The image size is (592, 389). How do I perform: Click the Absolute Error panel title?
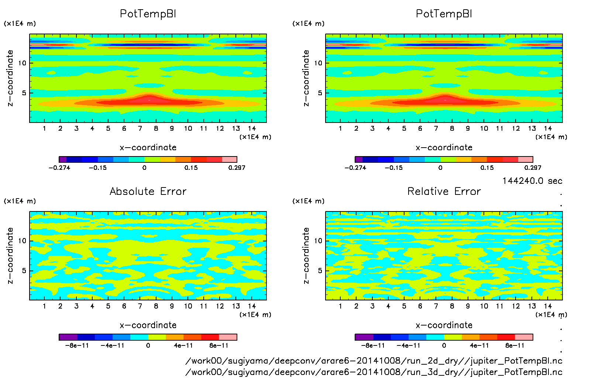(x=148, y=191)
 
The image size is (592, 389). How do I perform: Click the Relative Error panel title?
(x=444, y=191)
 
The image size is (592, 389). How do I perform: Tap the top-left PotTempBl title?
(x=148, y=14)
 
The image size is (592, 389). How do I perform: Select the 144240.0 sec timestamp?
(x=532, y=181)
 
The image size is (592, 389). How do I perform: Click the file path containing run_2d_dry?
(x=374, y=361)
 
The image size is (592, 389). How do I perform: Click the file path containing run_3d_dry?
(x=374, y=372)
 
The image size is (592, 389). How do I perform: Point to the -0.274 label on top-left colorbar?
(x=59, y=168)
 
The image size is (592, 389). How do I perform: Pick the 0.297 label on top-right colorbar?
(x=533, y=168)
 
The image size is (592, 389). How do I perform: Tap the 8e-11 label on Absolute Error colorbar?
(x=219, y=345)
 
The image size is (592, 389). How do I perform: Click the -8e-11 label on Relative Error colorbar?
(x=373, y=345)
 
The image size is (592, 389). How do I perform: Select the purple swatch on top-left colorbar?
(x=63, y=159)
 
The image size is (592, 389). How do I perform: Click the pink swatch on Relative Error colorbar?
(x=524, y=337)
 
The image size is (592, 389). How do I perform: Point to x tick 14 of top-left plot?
(x=252, y=128)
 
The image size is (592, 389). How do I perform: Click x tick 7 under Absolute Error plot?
(x=140, y=306)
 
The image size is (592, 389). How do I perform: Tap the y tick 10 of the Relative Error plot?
(x=318, y=241)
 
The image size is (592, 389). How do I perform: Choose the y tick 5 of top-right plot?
(x=320, y=93)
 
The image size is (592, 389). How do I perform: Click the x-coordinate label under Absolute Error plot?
(x=148, y=325)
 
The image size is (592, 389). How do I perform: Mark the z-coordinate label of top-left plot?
(x=10, y=78)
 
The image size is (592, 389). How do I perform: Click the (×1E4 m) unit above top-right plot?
(x=309, y=24)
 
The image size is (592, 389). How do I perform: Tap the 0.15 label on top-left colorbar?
(x=191, y=168)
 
